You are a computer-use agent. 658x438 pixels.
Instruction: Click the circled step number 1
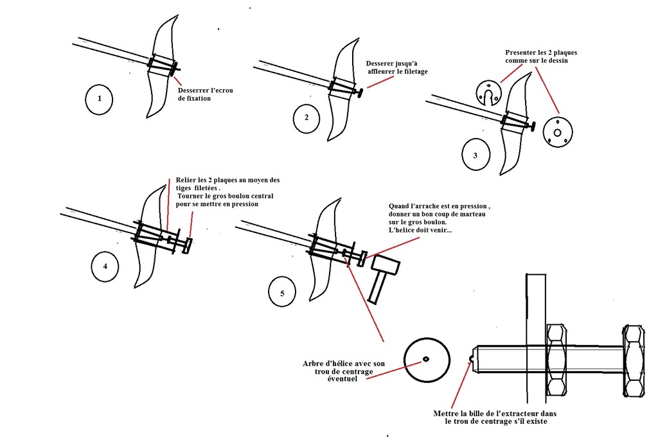tap(98, 100)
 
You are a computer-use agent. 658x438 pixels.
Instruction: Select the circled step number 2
tap(307, 118)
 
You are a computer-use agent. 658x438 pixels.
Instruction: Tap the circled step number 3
tap(475, 155)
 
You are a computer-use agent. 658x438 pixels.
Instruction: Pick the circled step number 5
tap(283, 293)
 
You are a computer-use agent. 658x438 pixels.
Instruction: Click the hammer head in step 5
tap(386, 263)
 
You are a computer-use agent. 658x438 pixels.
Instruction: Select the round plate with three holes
tap(557, 132)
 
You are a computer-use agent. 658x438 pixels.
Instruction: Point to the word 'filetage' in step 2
tap(412, 72)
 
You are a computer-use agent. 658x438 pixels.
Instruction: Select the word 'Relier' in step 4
tap(178, 180)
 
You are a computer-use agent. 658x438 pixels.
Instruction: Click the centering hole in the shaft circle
tap(426, 360)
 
